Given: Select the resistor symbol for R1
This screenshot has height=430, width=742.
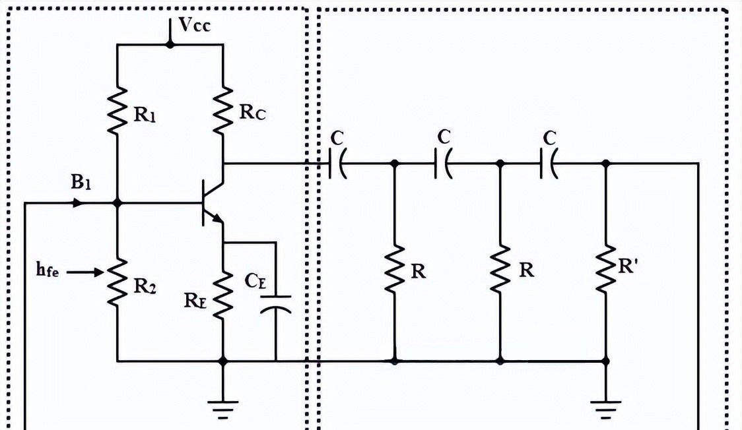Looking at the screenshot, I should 118,111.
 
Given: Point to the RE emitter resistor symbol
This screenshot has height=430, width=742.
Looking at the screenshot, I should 223,294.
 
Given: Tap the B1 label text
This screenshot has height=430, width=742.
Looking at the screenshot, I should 80,183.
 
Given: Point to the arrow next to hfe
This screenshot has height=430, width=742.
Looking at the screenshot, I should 86,271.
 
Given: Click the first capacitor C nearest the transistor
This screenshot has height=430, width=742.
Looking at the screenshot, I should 337,163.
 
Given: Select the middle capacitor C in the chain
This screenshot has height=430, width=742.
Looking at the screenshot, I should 443,163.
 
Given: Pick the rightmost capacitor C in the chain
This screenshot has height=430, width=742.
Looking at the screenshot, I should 549,163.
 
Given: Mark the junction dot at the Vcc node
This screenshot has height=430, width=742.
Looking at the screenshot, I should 170,44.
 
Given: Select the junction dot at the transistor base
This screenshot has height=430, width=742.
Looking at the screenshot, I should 118,204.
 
